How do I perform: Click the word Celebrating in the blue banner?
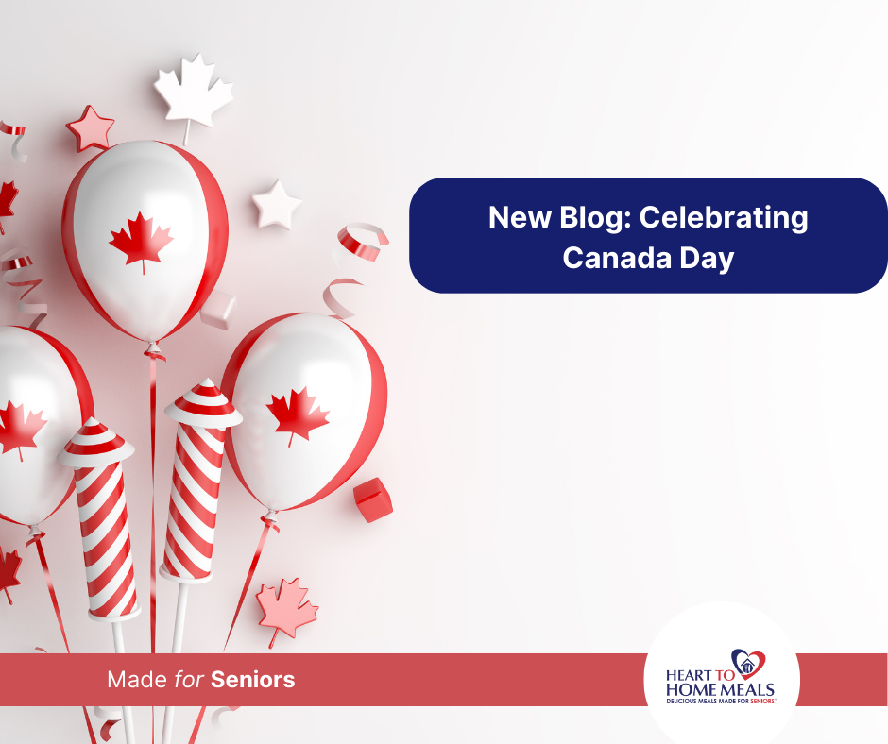click(725, 219)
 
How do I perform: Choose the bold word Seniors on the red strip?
click(253, 679)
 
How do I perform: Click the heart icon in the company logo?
click(748, 662)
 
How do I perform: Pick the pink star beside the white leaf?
click(91, 127)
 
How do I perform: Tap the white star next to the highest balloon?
click(276, 204)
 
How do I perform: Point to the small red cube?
click(372, 499)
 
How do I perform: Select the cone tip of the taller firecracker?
click(203, 402)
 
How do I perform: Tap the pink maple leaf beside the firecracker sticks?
click(286, 606)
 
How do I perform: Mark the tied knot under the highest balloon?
click(153, 351)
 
